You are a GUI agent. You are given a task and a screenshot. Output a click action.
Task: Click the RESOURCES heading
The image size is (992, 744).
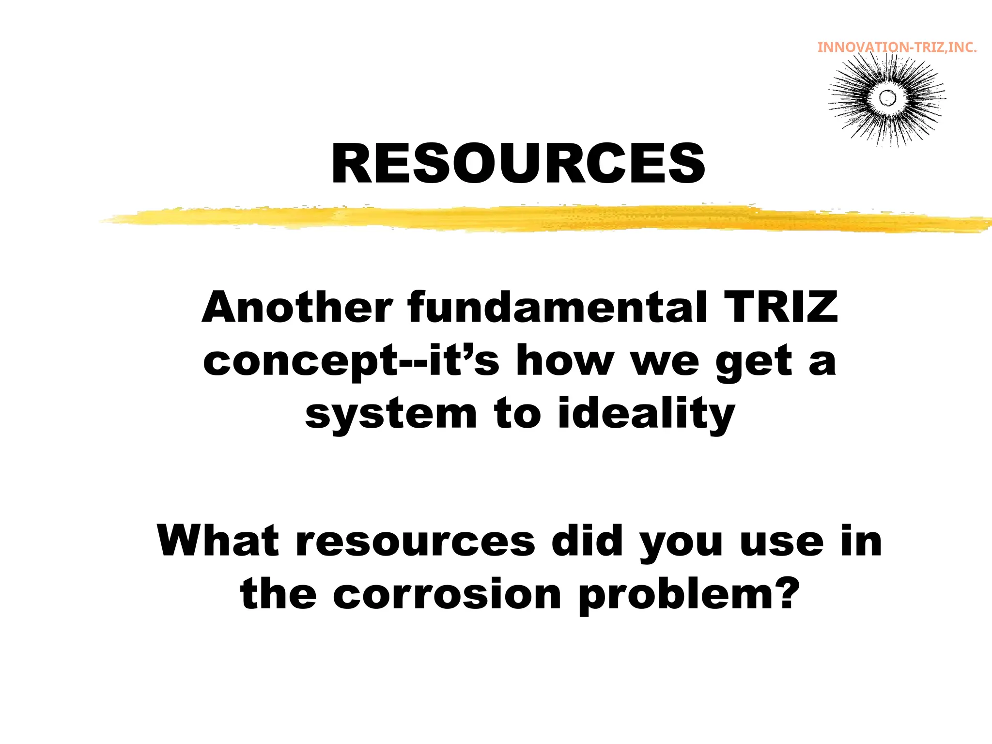pyautogui.click(x=518, y=164)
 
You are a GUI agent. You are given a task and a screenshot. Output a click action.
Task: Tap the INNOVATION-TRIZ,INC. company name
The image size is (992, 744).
pyautogui.click(x=897, y=47)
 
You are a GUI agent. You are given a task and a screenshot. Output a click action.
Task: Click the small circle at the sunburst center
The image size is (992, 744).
pyautogui.click(x=887, y=98)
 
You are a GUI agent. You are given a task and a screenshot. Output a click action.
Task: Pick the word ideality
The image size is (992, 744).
pyautogui.click(x=646, y=414)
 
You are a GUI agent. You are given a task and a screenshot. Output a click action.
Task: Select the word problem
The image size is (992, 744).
pyautogui.click(x=673, y=596)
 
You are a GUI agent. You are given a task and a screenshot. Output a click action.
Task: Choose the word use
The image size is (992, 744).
pyautogui.click(x=782, y=542)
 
